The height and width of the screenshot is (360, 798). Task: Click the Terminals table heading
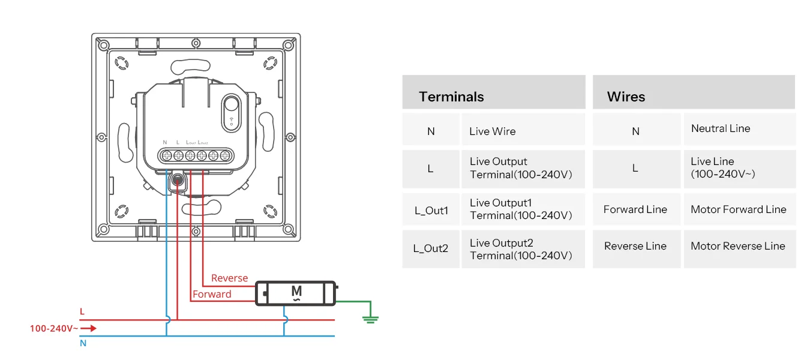[451, 97]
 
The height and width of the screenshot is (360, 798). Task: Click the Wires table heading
[626, 97]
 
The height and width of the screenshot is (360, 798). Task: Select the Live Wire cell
[493, 131]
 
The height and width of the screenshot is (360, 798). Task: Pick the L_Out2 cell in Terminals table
[431, 248]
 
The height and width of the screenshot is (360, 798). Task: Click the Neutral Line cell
[721, 128]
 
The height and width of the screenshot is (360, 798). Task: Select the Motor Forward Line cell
[738, 209]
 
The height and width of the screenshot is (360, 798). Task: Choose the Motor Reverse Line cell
[737, 246]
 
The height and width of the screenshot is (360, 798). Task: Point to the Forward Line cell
[635, 209]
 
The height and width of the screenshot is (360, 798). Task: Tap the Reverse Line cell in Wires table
[635, 246]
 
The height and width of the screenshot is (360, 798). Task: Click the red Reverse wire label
[229, 278]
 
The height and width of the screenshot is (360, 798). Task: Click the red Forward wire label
[212, 295]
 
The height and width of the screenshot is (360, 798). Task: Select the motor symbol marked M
[296, 292]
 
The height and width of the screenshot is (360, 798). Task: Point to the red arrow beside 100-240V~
[88, 328]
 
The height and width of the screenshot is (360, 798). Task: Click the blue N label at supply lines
[83, 343]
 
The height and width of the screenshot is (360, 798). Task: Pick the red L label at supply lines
[82, 311]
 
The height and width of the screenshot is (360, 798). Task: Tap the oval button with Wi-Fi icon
[231, 112]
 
